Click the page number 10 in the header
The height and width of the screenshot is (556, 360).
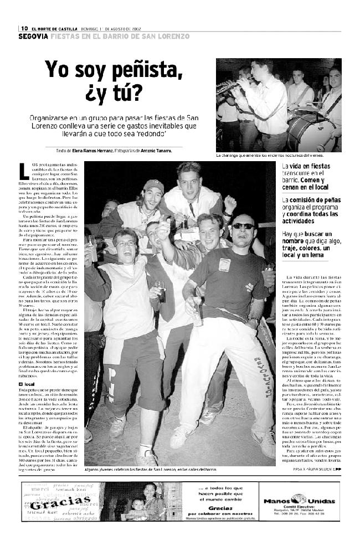(x=25, y=29)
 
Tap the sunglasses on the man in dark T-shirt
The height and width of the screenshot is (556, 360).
(x=243, y=226)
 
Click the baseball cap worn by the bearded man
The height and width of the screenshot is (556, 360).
(x=153, y=186)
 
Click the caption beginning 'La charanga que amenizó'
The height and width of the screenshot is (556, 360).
(x=270, y=156)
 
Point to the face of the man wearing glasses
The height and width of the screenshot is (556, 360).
(x=126, y=244)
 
